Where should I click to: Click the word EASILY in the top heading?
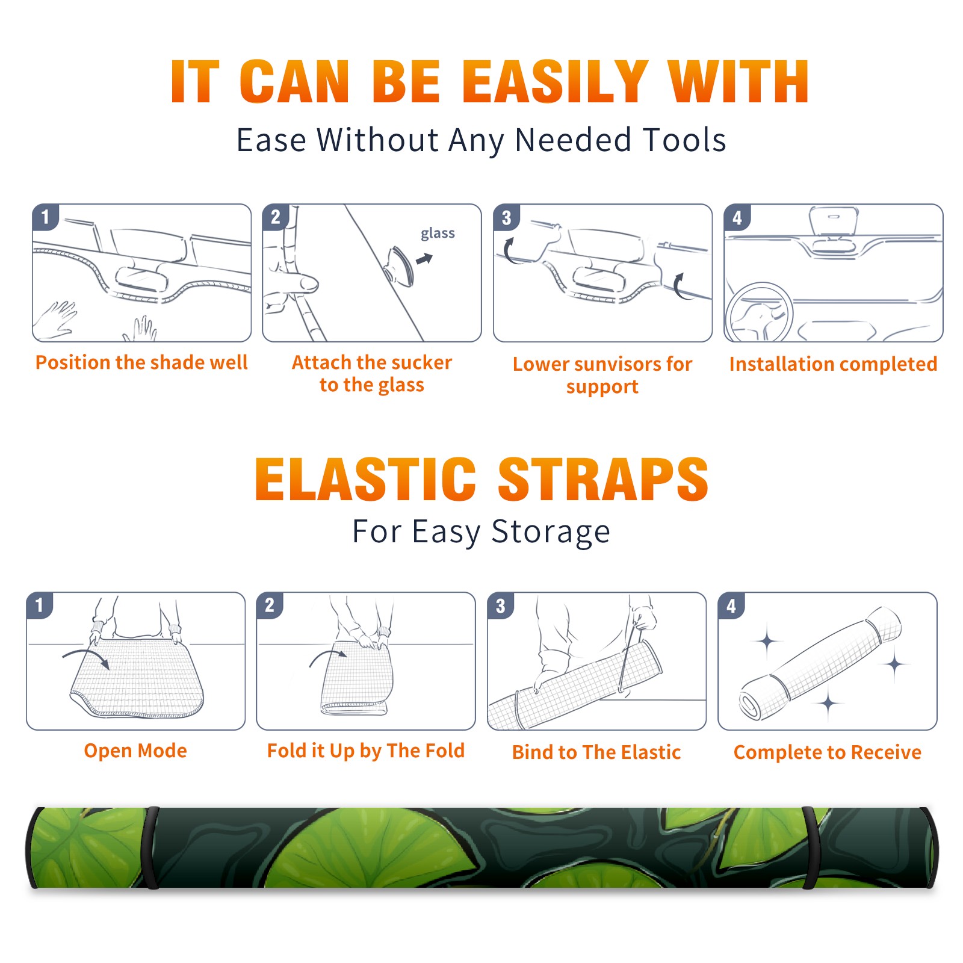click(556, 82)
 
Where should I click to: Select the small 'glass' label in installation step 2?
click(438, 233)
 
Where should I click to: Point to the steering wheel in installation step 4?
click(759, 312)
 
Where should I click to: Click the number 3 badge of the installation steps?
click(506, 217)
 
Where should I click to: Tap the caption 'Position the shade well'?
click(141, 362)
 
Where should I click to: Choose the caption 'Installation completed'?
click(833, 364)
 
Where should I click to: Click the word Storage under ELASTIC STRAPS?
click(551, 532)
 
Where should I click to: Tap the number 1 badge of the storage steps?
click(40, 605)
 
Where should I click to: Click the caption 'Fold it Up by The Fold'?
click(366, 751)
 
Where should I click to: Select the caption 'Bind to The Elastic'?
click(596, 752)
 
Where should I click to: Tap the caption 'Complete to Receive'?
click(828, 752)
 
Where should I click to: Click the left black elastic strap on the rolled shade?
click(151, 848)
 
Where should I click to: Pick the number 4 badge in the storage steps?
click(731, 605)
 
